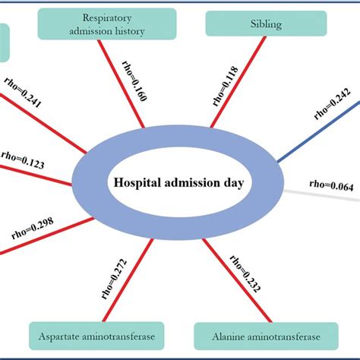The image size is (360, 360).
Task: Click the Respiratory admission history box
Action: (106, 24)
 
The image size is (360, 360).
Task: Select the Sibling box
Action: (245, 24)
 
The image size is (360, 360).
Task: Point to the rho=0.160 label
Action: (131, 83)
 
